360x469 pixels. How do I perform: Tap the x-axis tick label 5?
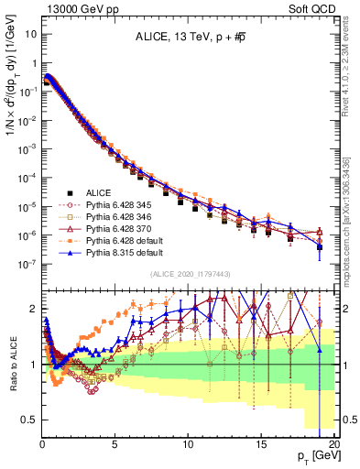click(115, 442)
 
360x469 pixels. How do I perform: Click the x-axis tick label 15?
click(263, 442)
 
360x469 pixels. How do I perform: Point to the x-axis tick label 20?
click(335, 442)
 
